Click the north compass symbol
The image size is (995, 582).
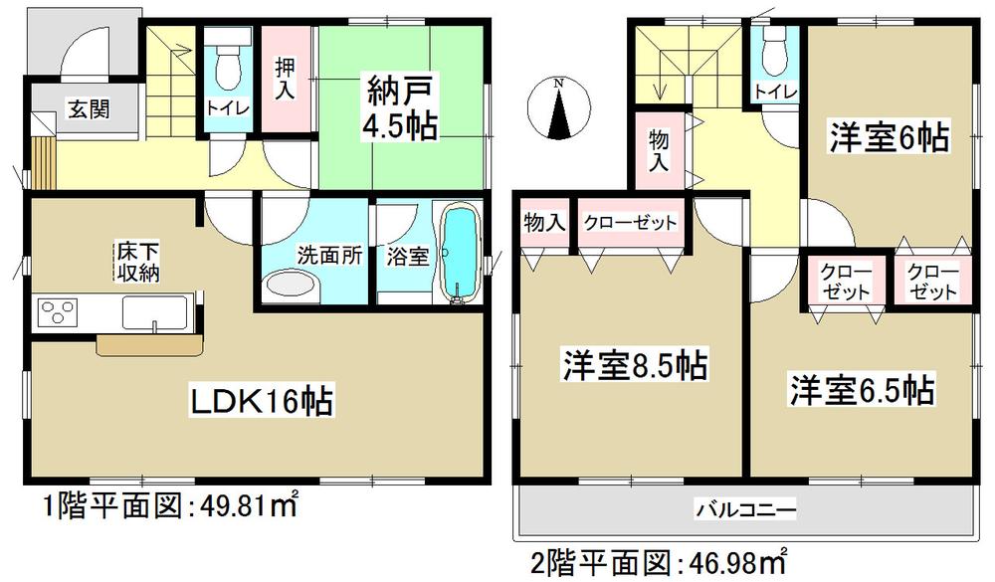click(x=560, y=109)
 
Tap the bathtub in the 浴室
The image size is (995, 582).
click(x=459, y=253)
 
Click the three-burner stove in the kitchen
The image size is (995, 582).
click(x=59, y=313)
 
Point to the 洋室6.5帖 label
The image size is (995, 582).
click(x=862, y=389)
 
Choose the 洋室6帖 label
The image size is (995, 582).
click(x=888, y=136)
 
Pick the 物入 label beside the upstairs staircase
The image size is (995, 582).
click(x=657, y=150)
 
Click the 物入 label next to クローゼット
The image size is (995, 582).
click(x=545, y=222)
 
